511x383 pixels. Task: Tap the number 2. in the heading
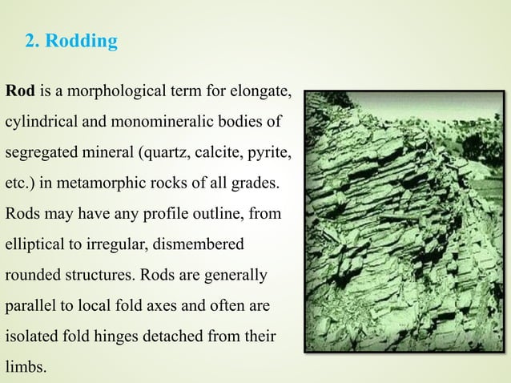click(x=33, y=42)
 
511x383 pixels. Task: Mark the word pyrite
click(x=270, y=152)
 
